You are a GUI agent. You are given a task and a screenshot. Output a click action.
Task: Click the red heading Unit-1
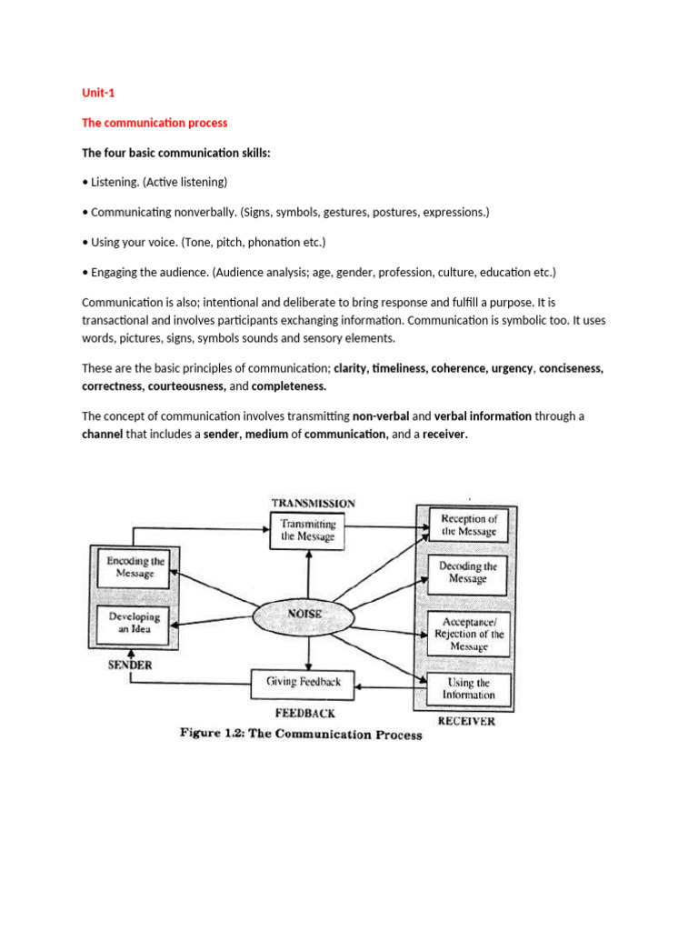[98, 93]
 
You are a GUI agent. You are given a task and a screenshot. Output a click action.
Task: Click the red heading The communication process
[155, 123]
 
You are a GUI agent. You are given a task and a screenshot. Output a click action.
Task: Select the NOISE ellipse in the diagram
[305, 614]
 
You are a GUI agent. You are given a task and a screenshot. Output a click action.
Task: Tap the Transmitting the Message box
[308, 530]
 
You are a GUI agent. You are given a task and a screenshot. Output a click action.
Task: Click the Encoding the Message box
[135, 567]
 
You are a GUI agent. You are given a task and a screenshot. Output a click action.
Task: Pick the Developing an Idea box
[135, 622]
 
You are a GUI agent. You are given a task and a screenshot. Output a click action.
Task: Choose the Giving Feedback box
[304, 681]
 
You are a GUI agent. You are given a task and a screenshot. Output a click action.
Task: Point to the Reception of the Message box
[468, 525]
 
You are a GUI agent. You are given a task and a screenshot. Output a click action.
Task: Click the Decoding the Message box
[468, 572]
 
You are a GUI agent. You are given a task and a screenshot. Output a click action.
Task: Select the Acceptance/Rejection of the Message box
[468, 634]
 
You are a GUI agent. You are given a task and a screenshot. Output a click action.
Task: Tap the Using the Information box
[468, 688]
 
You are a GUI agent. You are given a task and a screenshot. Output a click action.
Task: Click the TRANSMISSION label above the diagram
[313, 503]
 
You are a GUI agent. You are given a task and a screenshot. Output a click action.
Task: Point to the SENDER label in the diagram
[130, 665]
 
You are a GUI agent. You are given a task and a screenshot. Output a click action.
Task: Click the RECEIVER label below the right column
[466, 721]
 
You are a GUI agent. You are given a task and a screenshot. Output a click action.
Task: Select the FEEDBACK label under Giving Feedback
[304, 714]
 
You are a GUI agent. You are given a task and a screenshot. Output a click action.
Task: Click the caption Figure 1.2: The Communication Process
[300, 735]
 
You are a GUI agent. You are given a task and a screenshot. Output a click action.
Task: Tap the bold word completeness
[289, 386]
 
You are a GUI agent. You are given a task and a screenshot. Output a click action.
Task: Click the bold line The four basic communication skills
[176, 152]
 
